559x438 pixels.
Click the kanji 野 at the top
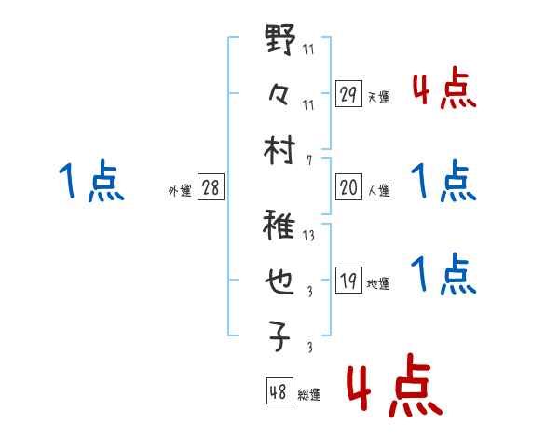280,43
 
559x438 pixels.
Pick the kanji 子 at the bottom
280,336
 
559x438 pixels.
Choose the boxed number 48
279,391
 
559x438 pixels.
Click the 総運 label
308,395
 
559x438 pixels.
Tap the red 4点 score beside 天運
443,90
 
